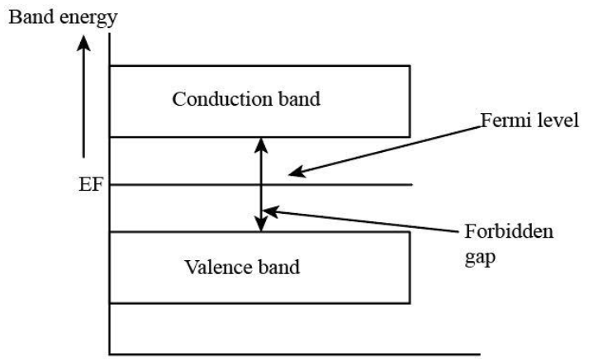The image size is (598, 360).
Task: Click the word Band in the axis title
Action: [25, 16]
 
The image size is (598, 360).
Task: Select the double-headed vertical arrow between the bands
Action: [261, 183]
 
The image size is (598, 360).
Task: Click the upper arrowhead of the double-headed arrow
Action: [261, 143]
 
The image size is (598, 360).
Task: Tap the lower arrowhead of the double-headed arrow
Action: [261, 224]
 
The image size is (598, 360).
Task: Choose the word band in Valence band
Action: [277, 268]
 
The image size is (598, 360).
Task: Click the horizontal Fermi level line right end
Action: [411, 184]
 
